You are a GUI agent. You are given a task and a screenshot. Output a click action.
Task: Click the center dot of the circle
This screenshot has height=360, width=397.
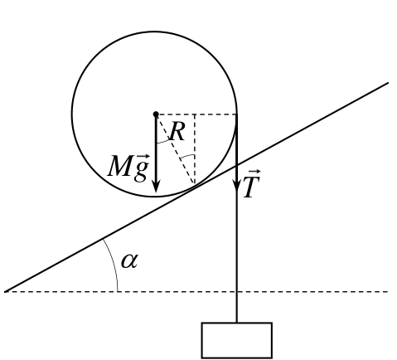click(x=156, y=114)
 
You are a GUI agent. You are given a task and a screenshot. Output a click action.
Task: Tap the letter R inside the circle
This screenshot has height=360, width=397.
click(x=177, y=132)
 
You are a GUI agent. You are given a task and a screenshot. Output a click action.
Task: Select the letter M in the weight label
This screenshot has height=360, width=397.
click(x=120, y=166)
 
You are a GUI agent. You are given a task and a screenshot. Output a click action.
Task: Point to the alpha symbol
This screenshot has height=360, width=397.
click(x=129, y=261)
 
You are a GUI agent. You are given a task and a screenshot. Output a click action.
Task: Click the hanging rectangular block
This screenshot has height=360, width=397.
click(x=237, y=340)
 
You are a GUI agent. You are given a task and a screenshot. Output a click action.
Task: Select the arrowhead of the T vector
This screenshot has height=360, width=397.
click(x=237, y=185)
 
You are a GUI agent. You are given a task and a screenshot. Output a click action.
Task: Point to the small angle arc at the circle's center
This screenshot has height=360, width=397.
click(x=163, y=142)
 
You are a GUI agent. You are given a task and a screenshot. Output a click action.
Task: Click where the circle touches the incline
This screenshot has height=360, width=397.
click(x=195, y=185)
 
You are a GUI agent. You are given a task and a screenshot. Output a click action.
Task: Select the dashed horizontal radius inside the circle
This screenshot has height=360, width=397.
click(x=196, y=114)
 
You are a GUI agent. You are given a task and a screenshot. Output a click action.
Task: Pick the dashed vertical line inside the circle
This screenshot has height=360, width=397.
click(x=195, y=149)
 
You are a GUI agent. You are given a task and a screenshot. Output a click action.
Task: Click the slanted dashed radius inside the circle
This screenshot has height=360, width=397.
click(x=176, y=149)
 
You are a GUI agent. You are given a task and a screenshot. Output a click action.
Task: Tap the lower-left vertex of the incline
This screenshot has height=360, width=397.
click(x=5, y=292)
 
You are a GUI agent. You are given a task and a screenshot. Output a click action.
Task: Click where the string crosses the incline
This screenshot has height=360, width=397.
click(x=237, y=165)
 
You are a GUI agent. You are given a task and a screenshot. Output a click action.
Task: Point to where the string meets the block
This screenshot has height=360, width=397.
click(x=237, y=323)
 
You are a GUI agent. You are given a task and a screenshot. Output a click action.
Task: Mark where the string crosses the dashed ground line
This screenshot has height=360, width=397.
click(x=237, y=292)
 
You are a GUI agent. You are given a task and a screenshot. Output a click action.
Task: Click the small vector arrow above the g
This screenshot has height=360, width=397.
click(x=143, y=157)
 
